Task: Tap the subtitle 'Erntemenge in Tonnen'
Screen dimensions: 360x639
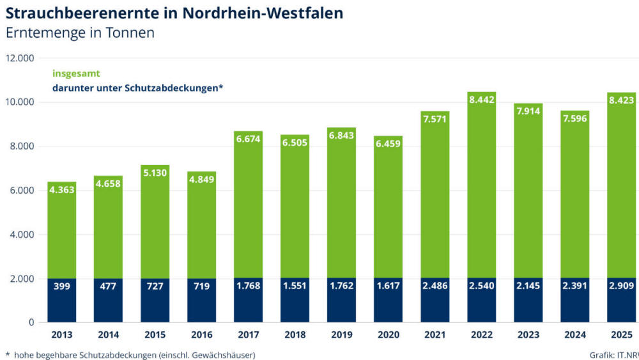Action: [x=80, y=33]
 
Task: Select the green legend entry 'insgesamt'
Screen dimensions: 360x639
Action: [x=76, y=74]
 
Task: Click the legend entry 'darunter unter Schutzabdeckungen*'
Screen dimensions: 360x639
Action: [x=137, y=88]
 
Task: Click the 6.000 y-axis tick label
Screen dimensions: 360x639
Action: [x=22, y=191]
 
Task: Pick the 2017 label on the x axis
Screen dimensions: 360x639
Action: [x=248, y=334]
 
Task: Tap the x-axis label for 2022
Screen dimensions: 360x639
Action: [x=482, y=334]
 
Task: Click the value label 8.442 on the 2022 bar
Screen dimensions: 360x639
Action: [x=482, y=99]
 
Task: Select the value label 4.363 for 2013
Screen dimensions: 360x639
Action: [x=61, y=189]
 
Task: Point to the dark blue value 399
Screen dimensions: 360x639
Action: [x=61, y=286]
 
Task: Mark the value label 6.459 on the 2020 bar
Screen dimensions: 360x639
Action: [x=389, y=143]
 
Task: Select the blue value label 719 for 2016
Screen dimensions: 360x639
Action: [x=201, y=286]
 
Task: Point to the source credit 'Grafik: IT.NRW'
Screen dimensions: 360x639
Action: [x=613, y=354]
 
